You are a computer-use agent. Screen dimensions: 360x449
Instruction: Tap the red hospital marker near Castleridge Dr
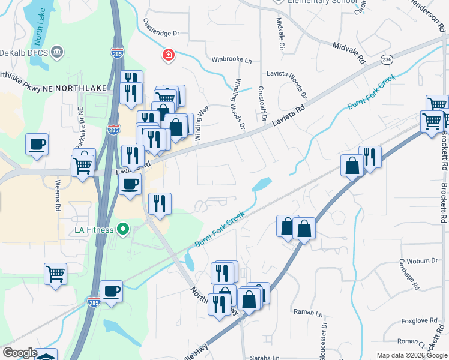(170, 56)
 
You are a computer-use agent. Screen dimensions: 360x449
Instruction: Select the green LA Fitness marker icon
(124, 229)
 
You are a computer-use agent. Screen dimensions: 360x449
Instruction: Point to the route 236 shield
(387, 59)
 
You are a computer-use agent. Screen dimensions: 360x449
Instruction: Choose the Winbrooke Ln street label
(231, 59)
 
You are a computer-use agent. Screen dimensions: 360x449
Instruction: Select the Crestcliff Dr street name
(262, 103)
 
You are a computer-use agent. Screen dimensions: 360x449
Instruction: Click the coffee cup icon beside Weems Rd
(37, 145)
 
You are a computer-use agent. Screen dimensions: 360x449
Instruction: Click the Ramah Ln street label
(308, 312)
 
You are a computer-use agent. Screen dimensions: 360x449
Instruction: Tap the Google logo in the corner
(20, 353)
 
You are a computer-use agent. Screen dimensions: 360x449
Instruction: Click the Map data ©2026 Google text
(411, 355)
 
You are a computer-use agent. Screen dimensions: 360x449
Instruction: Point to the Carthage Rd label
(408, 274)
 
